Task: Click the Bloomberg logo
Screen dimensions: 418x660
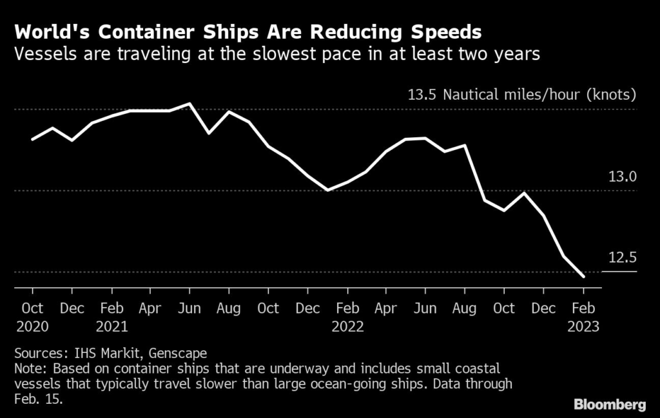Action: tap(610, 404)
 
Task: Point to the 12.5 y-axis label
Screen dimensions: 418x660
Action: tap(622, 258)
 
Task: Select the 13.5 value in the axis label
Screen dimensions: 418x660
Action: tap(422, 95)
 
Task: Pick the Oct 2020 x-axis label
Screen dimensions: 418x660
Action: tap(32, 317)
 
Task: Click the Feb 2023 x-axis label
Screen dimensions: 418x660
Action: tap(583, 317)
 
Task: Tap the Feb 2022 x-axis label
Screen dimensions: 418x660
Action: tap(347, 317)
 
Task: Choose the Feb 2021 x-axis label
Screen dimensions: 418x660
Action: tap(112, 317)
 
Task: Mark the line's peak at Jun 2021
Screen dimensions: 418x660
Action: tap(189, 104)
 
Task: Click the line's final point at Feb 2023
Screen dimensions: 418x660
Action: tap(583, 277)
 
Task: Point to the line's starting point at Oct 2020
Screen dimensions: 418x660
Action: tap(32, 139)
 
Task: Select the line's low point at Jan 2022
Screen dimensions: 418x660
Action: tap(328, 190)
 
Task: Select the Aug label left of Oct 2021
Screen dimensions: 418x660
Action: tap(229, 309)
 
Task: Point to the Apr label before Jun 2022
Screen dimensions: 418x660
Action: tap(386, 309)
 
